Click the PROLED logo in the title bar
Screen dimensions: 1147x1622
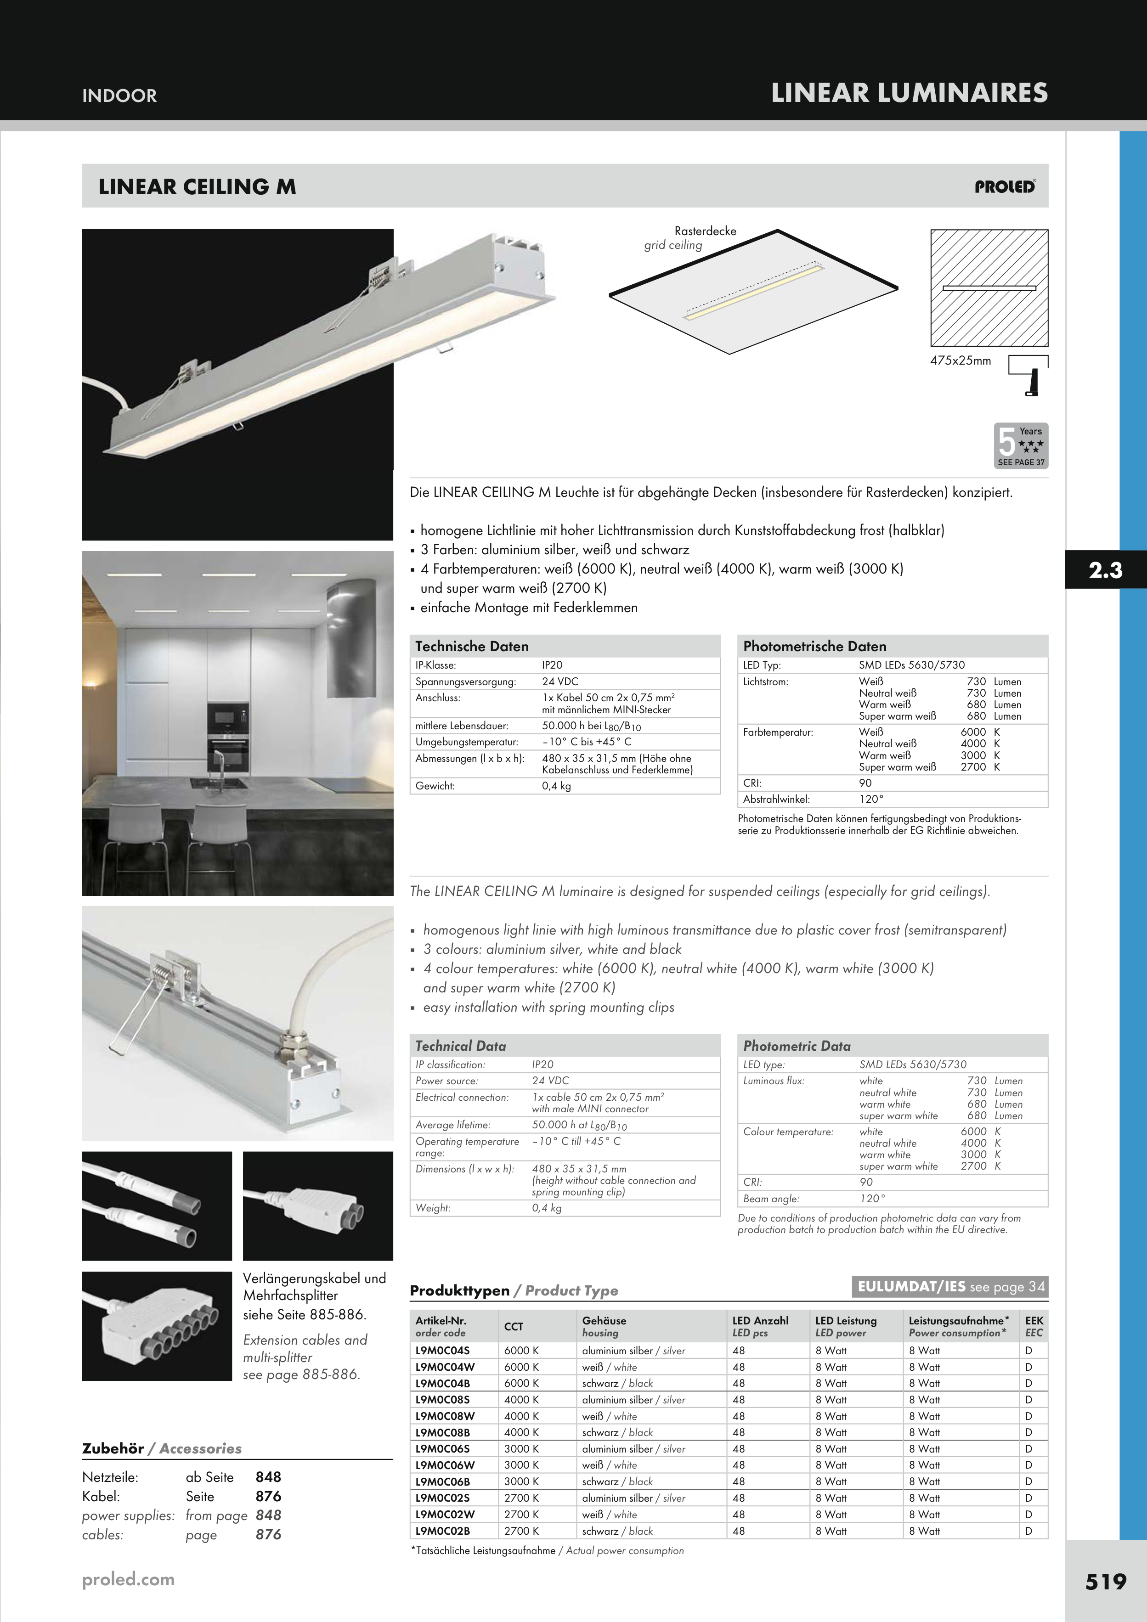tap(1005, 186)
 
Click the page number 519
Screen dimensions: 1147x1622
tap(1105, 1581)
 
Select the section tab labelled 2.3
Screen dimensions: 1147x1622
tap(1105, 569)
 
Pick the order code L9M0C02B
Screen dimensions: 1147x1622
tap(442, 1531)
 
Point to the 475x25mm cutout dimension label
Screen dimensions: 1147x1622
tap(961, 360)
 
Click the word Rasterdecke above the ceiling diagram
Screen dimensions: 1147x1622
tap(705, 231)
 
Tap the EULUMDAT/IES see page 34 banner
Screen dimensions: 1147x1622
tap(950, 1286)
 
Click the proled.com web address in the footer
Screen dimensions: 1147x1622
tap(128, 1580)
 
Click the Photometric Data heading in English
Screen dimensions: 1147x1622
tap(797, 1046)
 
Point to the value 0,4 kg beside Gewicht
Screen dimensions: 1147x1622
tap(556, 786)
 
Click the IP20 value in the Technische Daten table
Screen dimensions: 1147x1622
tap(552, 665)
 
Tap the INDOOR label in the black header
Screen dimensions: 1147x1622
tap(119, 96)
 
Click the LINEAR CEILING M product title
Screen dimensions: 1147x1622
tap(197, 186)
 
